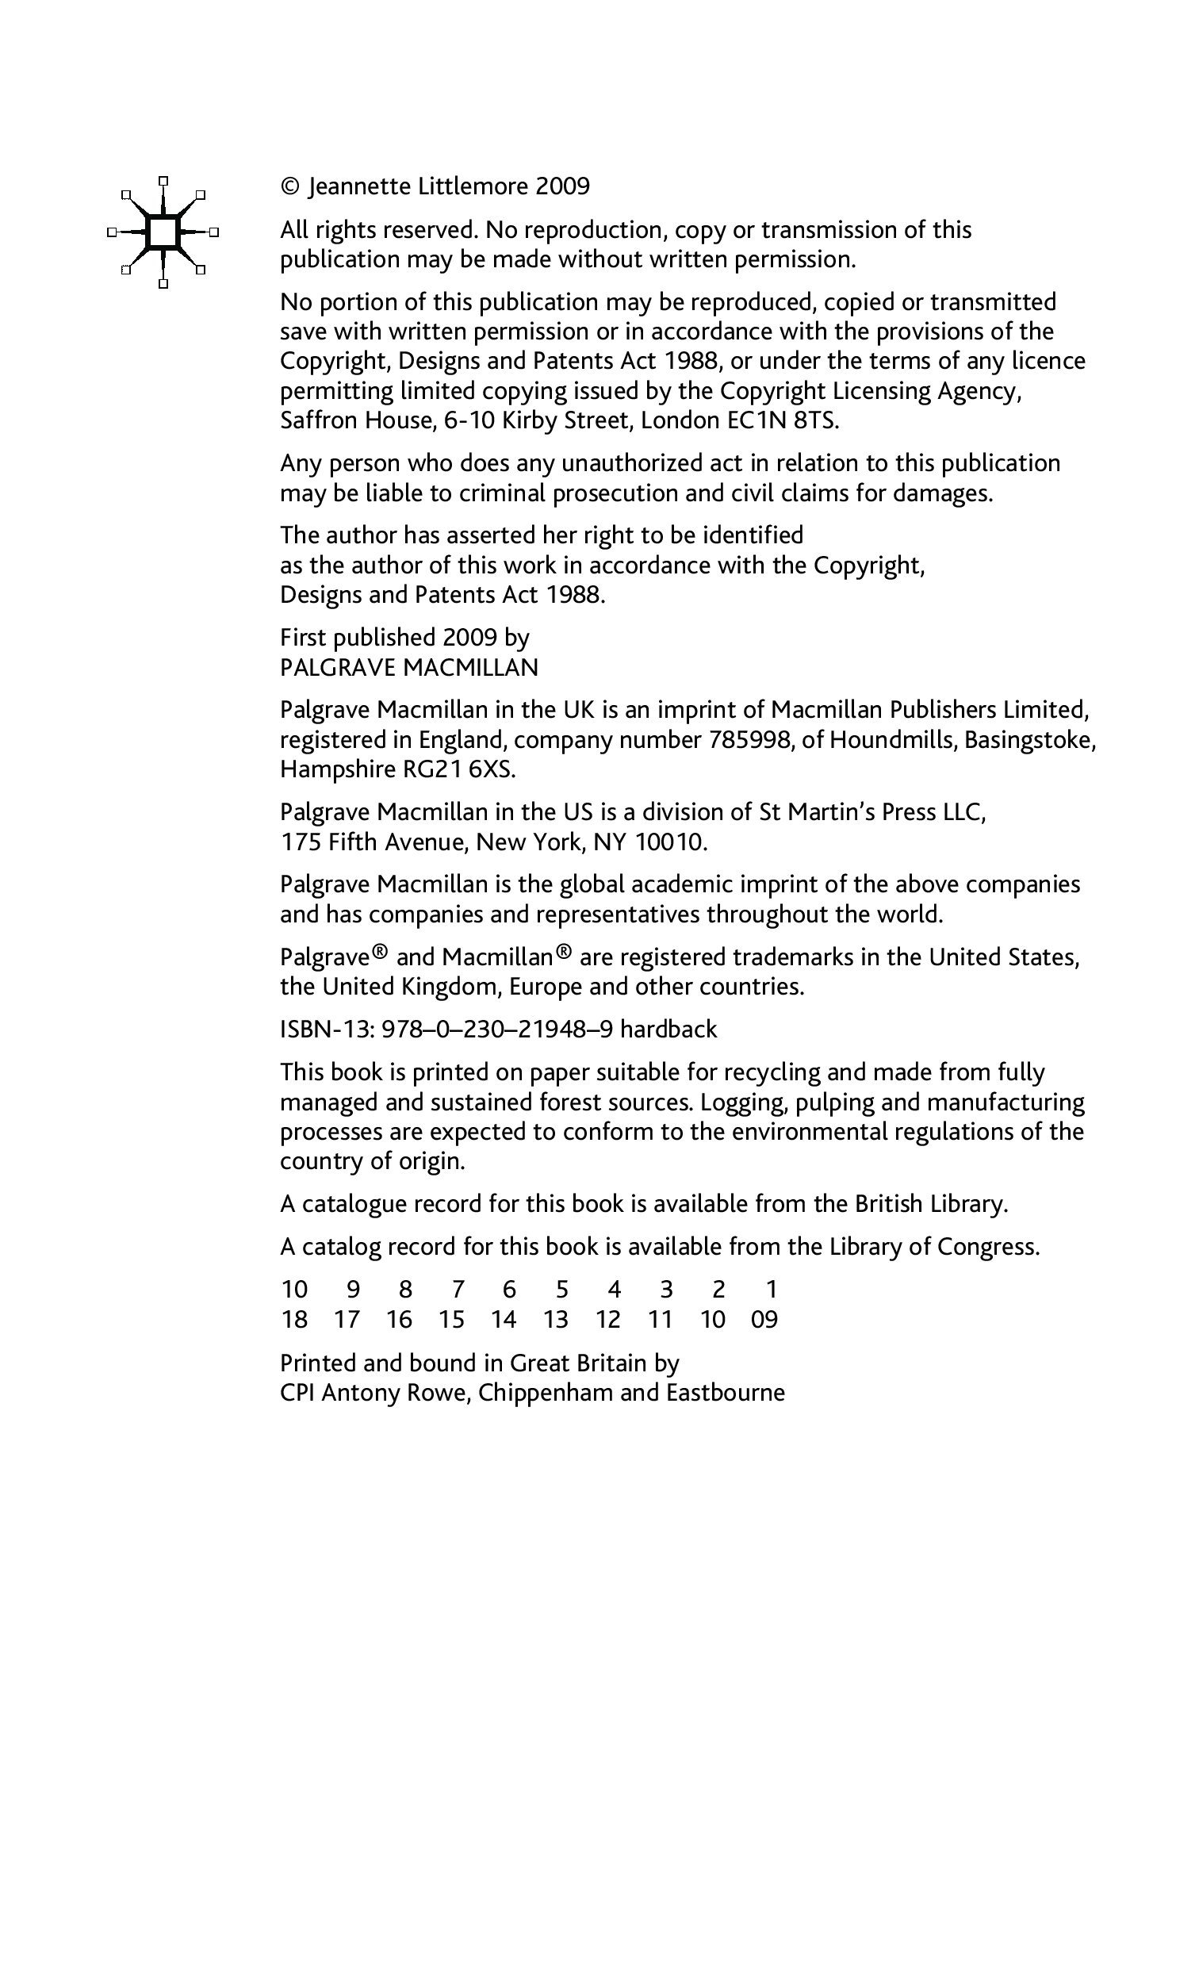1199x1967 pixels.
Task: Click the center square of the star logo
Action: pyautogui.click(x=163, y=232)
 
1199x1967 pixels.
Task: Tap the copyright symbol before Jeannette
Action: pyautogui.click(x=290, y=187)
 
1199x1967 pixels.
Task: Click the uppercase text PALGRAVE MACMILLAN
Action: pyautogui.click(x=408, y=667)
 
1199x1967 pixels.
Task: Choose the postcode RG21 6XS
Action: pyautogui.click(x=453, y=769)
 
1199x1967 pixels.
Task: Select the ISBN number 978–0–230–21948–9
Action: pyautogui.click(x=497, y=1030)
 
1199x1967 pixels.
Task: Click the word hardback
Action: pyautogui.click(x=668, y=1030)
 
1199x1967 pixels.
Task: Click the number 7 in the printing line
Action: pyautogui.click(x=458, y=1290)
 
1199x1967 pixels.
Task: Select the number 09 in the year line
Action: pyautogui.click(x=764, y=1320)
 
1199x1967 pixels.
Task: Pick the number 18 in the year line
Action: pyautogui.click(x=294, y=1320)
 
